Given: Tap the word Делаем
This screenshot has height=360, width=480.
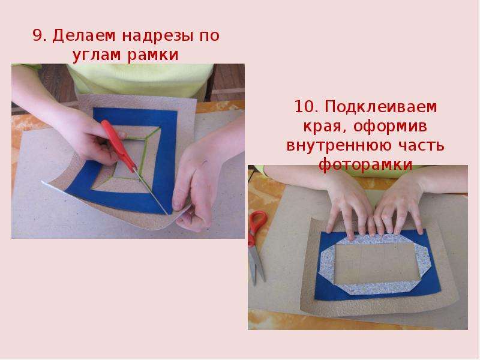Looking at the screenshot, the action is click(x=84, y=36).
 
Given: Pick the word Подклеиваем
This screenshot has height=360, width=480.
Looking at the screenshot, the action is click(x=380, y=107).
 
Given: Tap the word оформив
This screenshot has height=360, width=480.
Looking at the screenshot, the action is click(x=391, y=127).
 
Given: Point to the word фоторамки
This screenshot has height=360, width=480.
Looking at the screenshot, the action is click(x=365, y=164).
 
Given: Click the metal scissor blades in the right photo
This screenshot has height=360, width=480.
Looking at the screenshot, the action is click(x=256, y=263).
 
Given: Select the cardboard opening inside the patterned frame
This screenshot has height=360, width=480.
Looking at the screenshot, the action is click(x=374, y=263).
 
